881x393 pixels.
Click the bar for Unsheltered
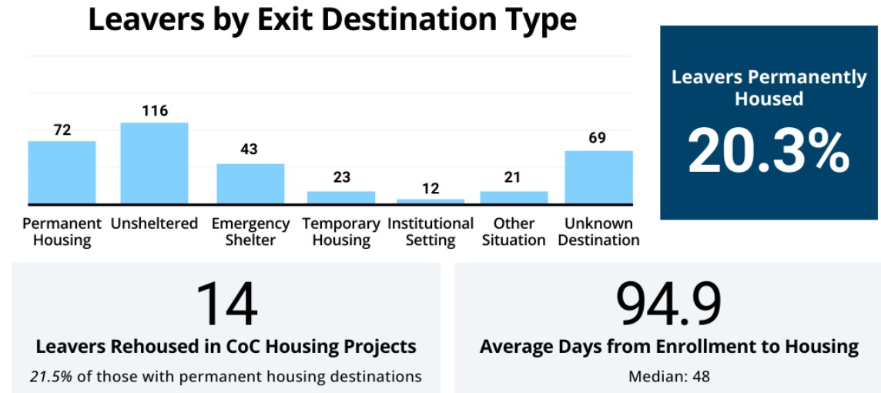[154, 163]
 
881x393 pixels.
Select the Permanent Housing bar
[62, 173]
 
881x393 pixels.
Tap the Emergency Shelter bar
[250, 184]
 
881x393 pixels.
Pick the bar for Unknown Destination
[598, 177]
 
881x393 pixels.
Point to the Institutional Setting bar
[430, 201]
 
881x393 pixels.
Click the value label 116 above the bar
[155, 111]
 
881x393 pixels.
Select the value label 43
[249, 149]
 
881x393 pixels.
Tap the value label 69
[597, 138]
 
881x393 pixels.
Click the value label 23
[341, 177]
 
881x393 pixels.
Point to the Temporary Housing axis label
[341, 232]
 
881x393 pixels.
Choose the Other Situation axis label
[514, 232]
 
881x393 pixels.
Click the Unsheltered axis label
[154, 224]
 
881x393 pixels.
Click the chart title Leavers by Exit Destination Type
[332, 20]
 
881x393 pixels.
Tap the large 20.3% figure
[769, 151]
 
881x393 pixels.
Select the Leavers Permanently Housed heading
[769, 88]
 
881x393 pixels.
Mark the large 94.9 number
[668, 303]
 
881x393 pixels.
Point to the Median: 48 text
[668, 377]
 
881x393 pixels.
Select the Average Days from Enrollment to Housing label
[668, 347]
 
